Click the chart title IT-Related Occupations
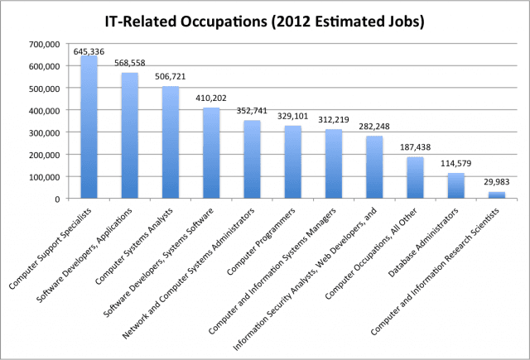pos(265,20)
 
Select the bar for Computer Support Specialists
pos(89,127)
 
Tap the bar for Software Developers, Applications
pos(130,136)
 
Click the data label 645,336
pos(89,50)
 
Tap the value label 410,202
pos(211,98)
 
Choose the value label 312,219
pos(333,119)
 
